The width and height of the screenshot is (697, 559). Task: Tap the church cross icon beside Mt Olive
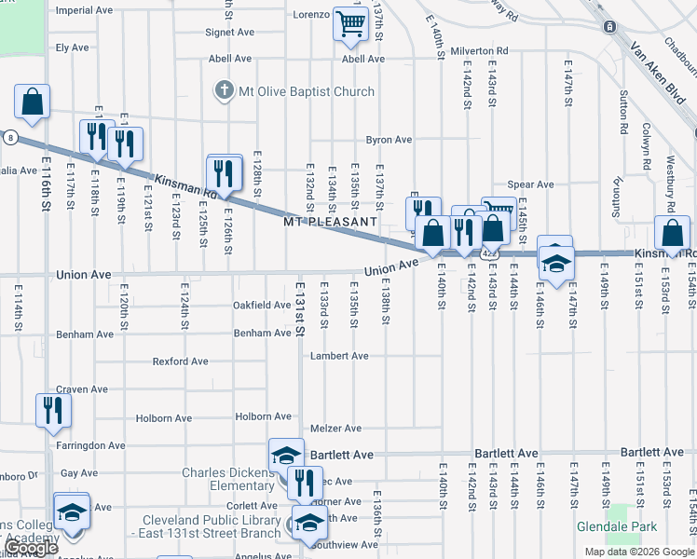tap(224, 91)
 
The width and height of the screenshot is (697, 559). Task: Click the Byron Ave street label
tap(389, 140)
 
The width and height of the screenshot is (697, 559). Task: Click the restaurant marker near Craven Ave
tap(50, 409)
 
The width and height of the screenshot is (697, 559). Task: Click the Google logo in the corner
tap(32, 548)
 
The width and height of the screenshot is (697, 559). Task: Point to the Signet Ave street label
tap(230, 32)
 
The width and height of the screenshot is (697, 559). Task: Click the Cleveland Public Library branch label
tap(211, 526)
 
